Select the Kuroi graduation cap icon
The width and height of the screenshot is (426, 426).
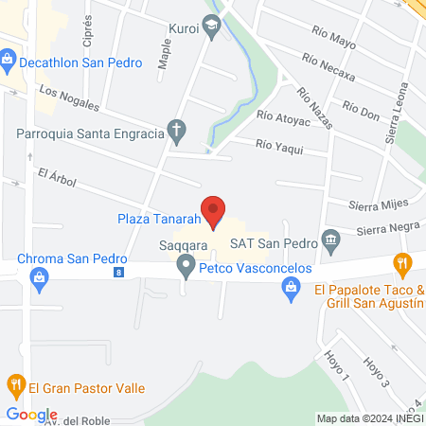click(x=212, y=29)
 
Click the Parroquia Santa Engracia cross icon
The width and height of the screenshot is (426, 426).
click(x=176, y=133)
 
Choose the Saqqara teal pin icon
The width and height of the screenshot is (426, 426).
click(x=186, y=268)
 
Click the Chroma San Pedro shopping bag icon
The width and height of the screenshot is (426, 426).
click(x=39, y=276)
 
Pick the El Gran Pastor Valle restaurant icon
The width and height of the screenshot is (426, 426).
click(x=15, y=385)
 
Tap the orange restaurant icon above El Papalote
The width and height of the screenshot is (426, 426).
click(x=403, y=263)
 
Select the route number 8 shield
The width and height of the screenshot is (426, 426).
click(x=117, y=273)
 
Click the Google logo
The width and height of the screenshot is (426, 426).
click(x=31, y=414)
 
